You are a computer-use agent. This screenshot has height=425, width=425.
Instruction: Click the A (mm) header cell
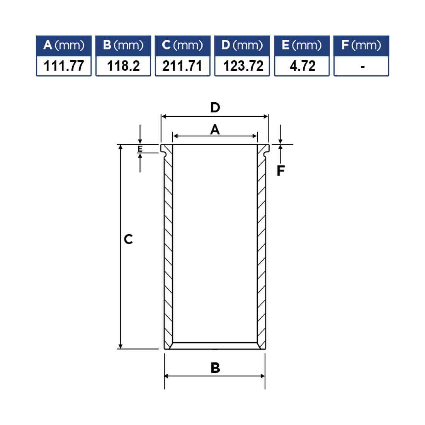[x=64, y=45]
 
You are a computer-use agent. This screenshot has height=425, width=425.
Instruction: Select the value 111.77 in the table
[x=64, y=66]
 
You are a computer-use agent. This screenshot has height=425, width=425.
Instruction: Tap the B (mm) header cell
[x=123, y=45]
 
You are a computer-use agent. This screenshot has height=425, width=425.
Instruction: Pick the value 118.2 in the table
[x=123, y=66]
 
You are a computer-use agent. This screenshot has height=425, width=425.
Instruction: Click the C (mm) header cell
[x=183, y=45]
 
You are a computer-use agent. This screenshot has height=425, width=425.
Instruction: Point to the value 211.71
[x=182, y=66]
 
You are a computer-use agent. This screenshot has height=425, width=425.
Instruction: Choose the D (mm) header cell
[x=242, y=45]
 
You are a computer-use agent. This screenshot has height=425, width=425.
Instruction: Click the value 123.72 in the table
[x=243, y=66]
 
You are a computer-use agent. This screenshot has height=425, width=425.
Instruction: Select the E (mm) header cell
[x=302, y=45]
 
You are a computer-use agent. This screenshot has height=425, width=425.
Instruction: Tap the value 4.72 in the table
[x=303, y=66]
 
